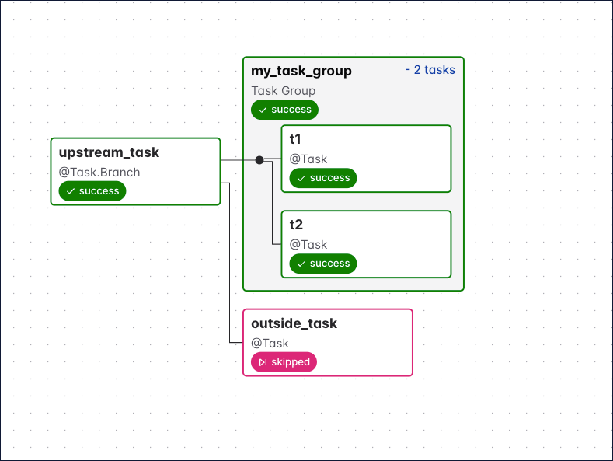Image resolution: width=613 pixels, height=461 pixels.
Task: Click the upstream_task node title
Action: [109, 152]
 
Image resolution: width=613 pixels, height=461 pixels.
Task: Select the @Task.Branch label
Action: [99, 172]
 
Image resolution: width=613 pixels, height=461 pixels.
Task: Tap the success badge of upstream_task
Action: [92, 191]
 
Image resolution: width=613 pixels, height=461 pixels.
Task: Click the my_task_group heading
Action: [301, 71]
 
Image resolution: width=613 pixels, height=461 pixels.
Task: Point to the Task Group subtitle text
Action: [283, 90]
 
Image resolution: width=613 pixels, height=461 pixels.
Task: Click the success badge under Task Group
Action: [284, 110]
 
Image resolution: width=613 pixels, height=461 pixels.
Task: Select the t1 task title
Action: [296, 139]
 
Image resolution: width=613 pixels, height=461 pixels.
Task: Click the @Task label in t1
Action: [308, 159]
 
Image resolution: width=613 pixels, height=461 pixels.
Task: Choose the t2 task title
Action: [296, 225]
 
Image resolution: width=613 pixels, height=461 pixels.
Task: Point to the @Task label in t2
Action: [308, 244]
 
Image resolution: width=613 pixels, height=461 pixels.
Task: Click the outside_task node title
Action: [294, 323]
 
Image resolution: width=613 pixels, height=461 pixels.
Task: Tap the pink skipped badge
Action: [284, 362]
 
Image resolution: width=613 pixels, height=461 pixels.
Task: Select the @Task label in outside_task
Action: [270, 343]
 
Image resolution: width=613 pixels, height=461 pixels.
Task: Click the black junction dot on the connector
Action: [259, 160]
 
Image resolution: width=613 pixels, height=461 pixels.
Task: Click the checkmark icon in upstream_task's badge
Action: [71, 191]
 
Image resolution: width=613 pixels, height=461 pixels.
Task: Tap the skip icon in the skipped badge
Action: [263, 362]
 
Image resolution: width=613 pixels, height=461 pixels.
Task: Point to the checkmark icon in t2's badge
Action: [301, 264]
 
